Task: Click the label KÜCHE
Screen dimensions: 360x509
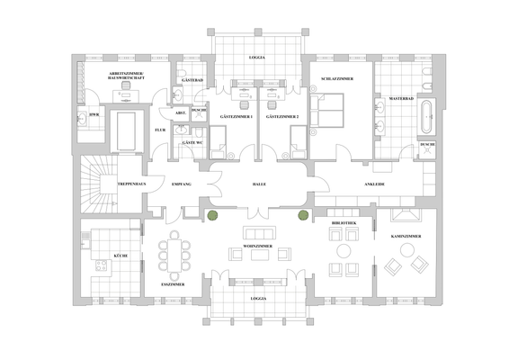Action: click(119, 256)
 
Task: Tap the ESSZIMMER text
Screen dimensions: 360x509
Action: click(173, 283)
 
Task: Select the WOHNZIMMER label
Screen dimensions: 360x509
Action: click(257, 245)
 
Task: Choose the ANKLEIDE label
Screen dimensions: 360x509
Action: click(375, 184)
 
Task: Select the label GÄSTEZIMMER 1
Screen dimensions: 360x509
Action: click(237, 117)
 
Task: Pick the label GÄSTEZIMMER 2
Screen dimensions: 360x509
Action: click(281, 117)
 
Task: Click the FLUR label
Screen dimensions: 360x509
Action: click(160, 130)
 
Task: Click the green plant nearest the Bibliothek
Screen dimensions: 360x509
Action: click(303, 215)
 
